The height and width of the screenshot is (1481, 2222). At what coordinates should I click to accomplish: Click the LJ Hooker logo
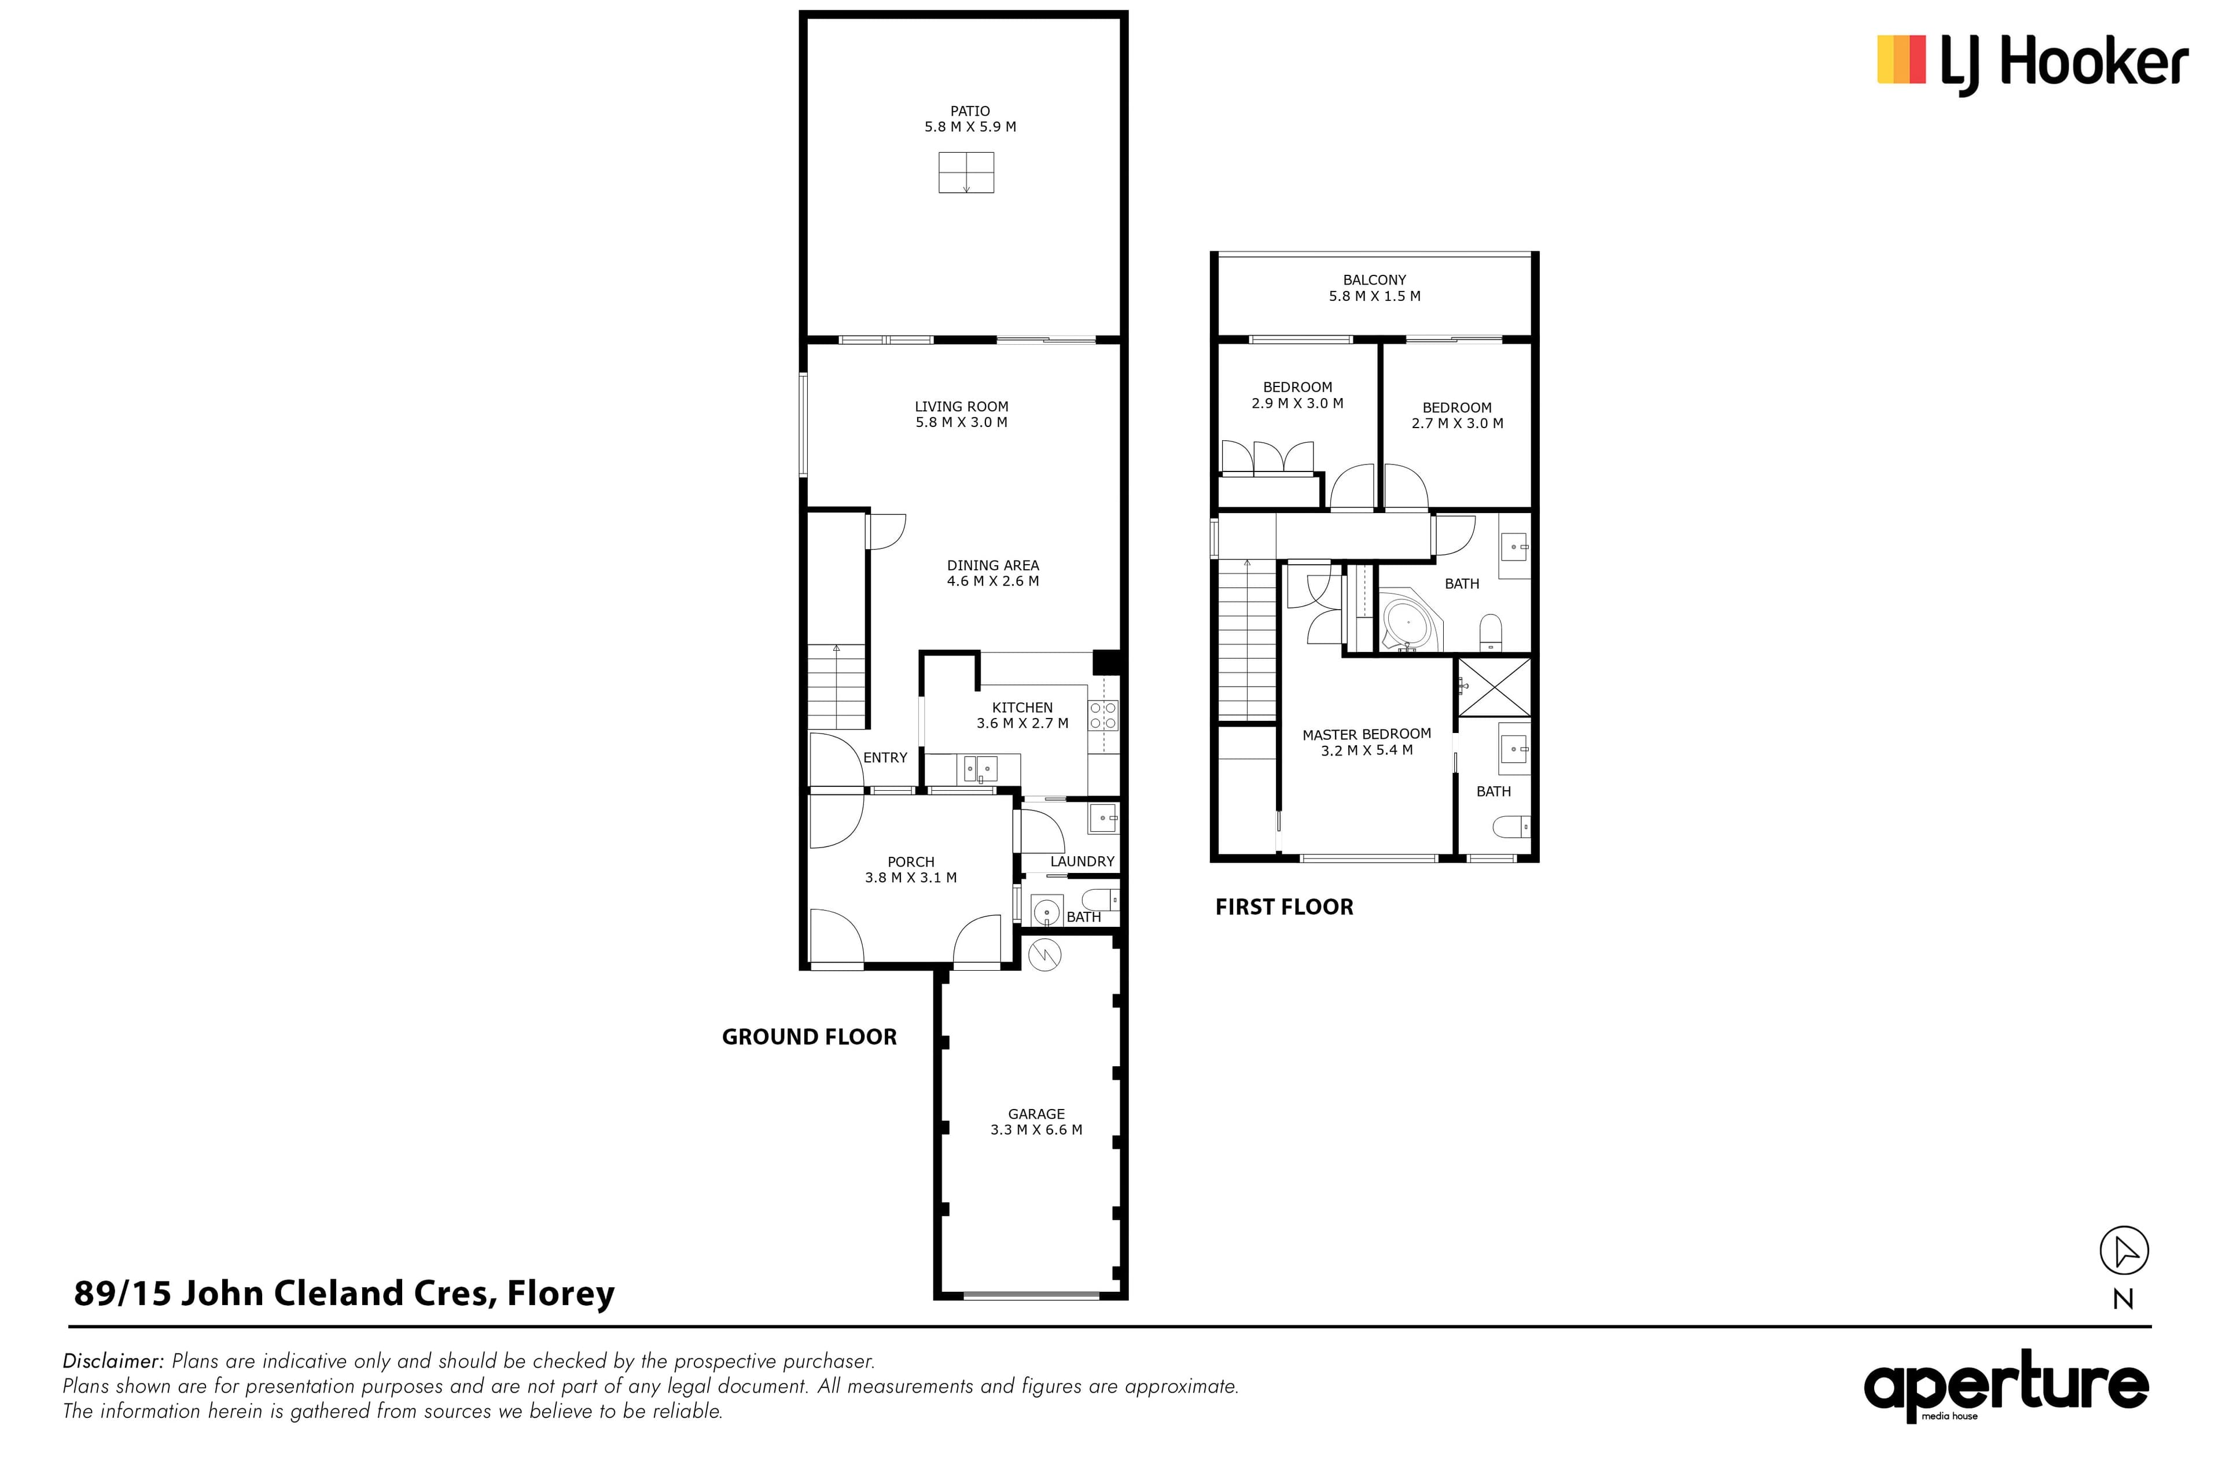2032,63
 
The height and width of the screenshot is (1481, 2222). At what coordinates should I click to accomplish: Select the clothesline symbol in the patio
966,173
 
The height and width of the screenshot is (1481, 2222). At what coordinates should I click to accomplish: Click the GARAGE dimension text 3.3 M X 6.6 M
1036,1130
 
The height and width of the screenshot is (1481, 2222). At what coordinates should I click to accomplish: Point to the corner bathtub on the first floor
1408,621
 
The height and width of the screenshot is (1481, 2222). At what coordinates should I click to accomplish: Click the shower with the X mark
1493,687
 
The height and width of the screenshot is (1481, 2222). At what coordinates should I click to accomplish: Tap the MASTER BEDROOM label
1366,734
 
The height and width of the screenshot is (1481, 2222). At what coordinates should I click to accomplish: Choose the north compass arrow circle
2124,1251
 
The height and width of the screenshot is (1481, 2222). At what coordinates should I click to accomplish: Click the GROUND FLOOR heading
810,1037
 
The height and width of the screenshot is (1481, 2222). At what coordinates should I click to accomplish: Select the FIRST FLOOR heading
1284,907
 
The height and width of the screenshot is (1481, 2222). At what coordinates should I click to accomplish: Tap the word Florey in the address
561,1293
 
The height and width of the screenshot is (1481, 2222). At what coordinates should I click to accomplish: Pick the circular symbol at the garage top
1044,956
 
